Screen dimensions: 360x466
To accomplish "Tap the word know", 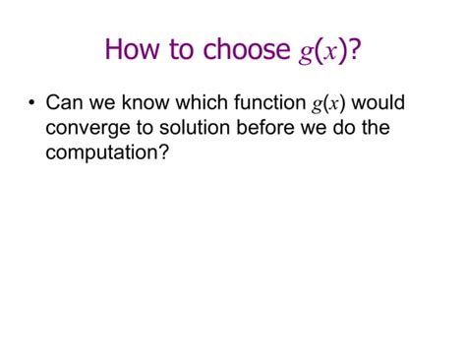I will click(x=137, y=103).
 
